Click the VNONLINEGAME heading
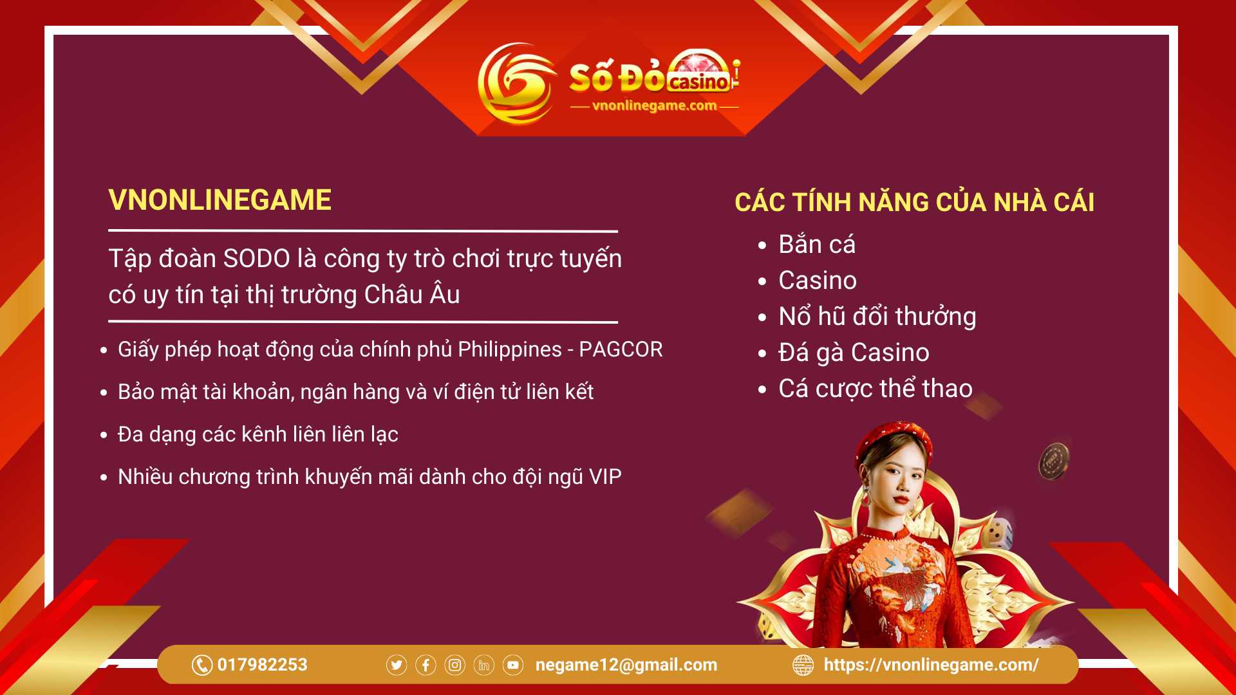220,200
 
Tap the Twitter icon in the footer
397,665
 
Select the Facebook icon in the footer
426,665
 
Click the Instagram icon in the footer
454,665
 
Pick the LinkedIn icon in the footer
483,665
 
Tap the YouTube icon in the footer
513,665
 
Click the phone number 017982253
262,665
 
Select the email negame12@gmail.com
626,665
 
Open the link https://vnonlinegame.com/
931,665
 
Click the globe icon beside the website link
803,665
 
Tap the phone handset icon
201,665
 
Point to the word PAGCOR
621,349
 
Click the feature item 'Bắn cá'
817,245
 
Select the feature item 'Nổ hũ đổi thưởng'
877,317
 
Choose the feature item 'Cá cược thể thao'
876,389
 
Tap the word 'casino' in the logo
698,82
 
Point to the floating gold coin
1054,461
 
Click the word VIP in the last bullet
605,477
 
